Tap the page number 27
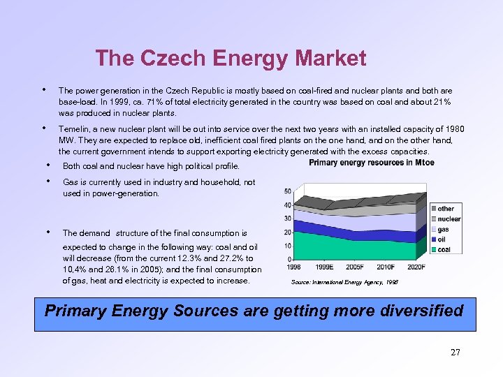tap(455, 352)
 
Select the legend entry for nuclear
tap(449, 219)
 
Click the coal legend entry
tap(444, 249)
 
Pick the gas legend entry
tap(443, 229)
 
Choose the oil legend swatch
tap(432, 239)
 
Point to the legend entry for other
tap(445, 208)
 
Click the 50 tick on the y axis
tap(288, 192)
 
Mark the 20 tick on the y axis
tap(288, 232)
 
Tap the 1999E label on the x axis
tap(324, 267)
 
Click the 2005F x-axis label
tap(354, 267)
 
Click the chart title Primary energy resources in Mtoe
tap(371, 163)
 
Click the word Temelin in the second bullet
tap(73, 129)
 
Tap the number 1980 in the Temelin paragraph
tap(453, 129)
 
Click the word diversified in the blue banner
tap(422, 310)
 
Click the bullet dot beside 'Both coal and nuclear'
tap(48, 165)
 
